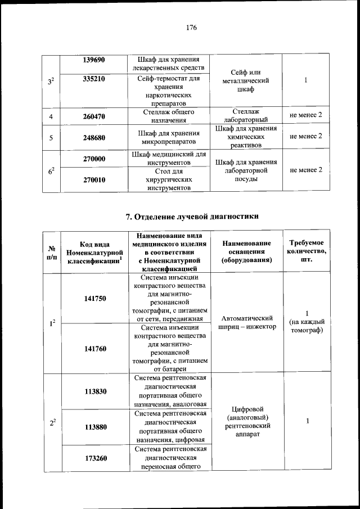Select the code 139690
point(94,60)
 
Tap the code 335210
point(94,79)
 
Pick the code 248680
point(94,137)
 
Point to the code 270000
point(94,159)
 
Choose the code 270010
point(94,180)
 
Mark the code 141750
point(94,298)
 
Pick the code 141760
point(94,349)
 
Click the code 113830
point(94,391)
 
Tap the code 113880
point(94,426)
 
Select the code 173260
point(94,458)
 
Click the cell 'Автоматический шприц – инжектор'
point(247,322)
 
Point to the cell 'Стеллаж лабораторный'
point(247,116)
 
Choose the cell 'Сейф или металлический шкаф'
point(247,80)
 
